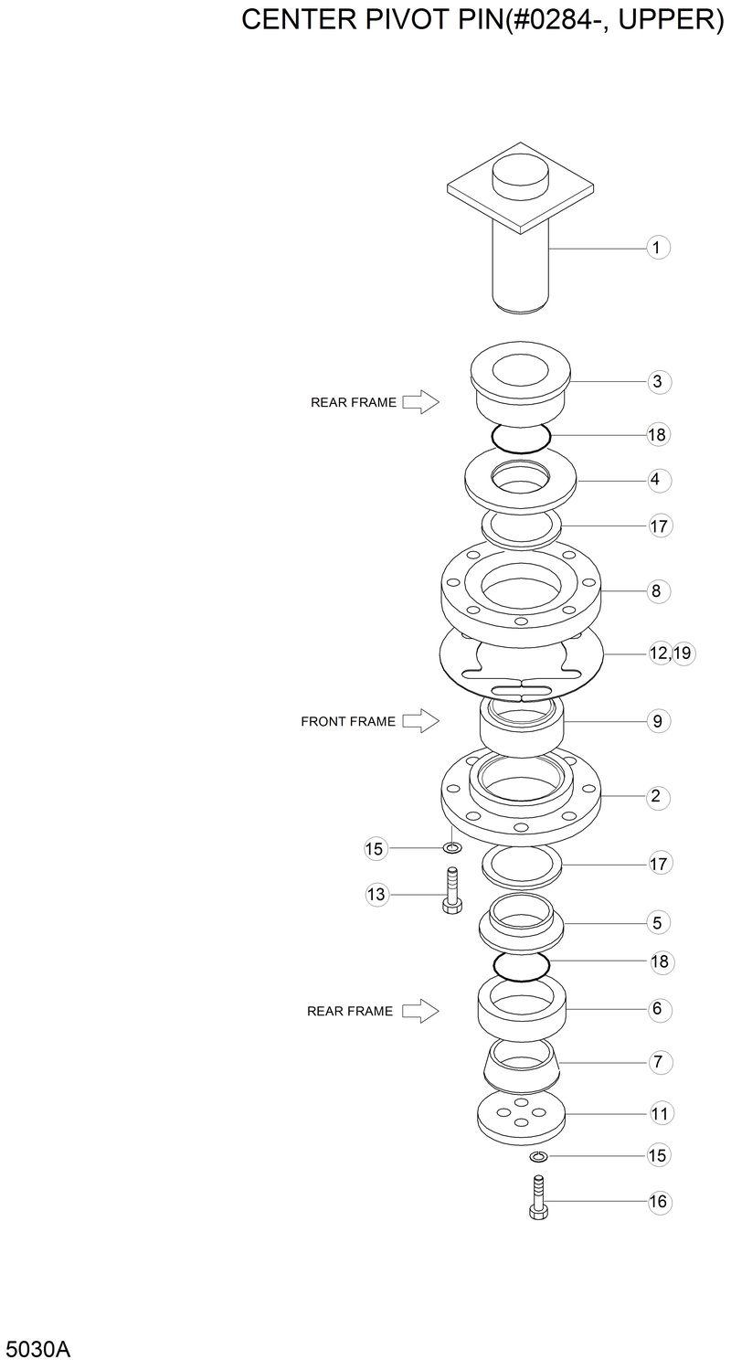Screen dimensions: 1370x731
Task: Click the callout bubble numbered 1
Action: [657, 247]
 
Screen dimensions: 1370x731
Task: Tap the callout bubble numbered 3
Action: [657, 381]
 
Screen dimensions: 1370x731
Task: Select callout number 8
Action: [656, 590]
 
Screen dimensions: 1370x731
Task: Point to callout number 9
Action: [656, 721]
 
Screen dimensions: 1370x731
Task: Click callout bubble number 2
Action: [655, 796]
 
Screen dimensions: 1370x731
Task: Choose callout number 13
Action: [376, 895]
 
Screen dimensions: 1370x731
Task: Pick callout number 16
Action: [658, 1202]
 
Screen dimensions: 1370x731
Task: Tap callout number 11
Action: [658, 1113]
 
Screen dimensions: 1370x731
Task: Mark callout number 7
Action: [658, 1062]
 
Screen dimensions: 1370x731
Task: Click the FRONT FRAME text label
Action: [348, 721]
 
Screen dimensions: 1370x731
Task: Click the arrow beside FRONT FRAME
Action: [420, 721]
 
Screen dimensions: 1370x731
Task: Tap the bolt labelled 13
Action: [450, 891]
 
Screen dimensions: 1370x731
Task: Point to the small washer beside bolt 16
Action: [537, 1157]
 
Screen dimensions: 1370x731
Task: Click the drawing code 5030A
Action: [37, 1349]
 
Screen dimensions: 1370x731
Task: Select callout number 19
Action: [682, 653]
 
